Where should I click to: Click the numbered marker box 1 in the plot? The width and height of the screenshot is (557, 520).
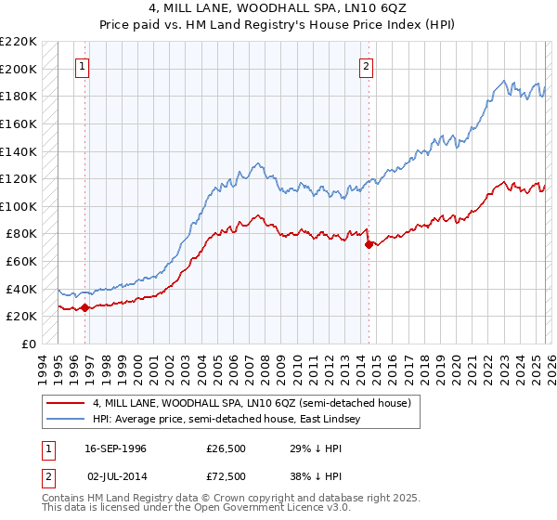84,66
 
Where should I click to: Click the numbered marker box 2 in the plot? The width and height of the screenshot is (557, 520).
367,66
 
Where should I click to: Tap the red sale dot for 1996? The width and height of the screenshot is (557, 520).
84,307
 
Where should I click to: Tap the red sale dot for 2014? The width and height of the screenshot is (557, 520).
369,244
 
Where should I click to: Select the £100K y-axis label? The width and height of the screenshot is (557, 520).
19,206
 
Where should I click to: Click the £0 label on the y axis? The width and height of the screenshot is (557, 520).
28,344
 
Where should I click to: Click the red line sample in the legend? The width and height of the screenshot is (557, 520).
65,403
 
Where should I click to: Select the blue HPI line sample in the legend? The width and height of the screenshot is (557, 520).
65,420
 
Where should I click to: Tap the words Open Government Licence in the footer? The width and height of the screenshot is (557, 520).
255,510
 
